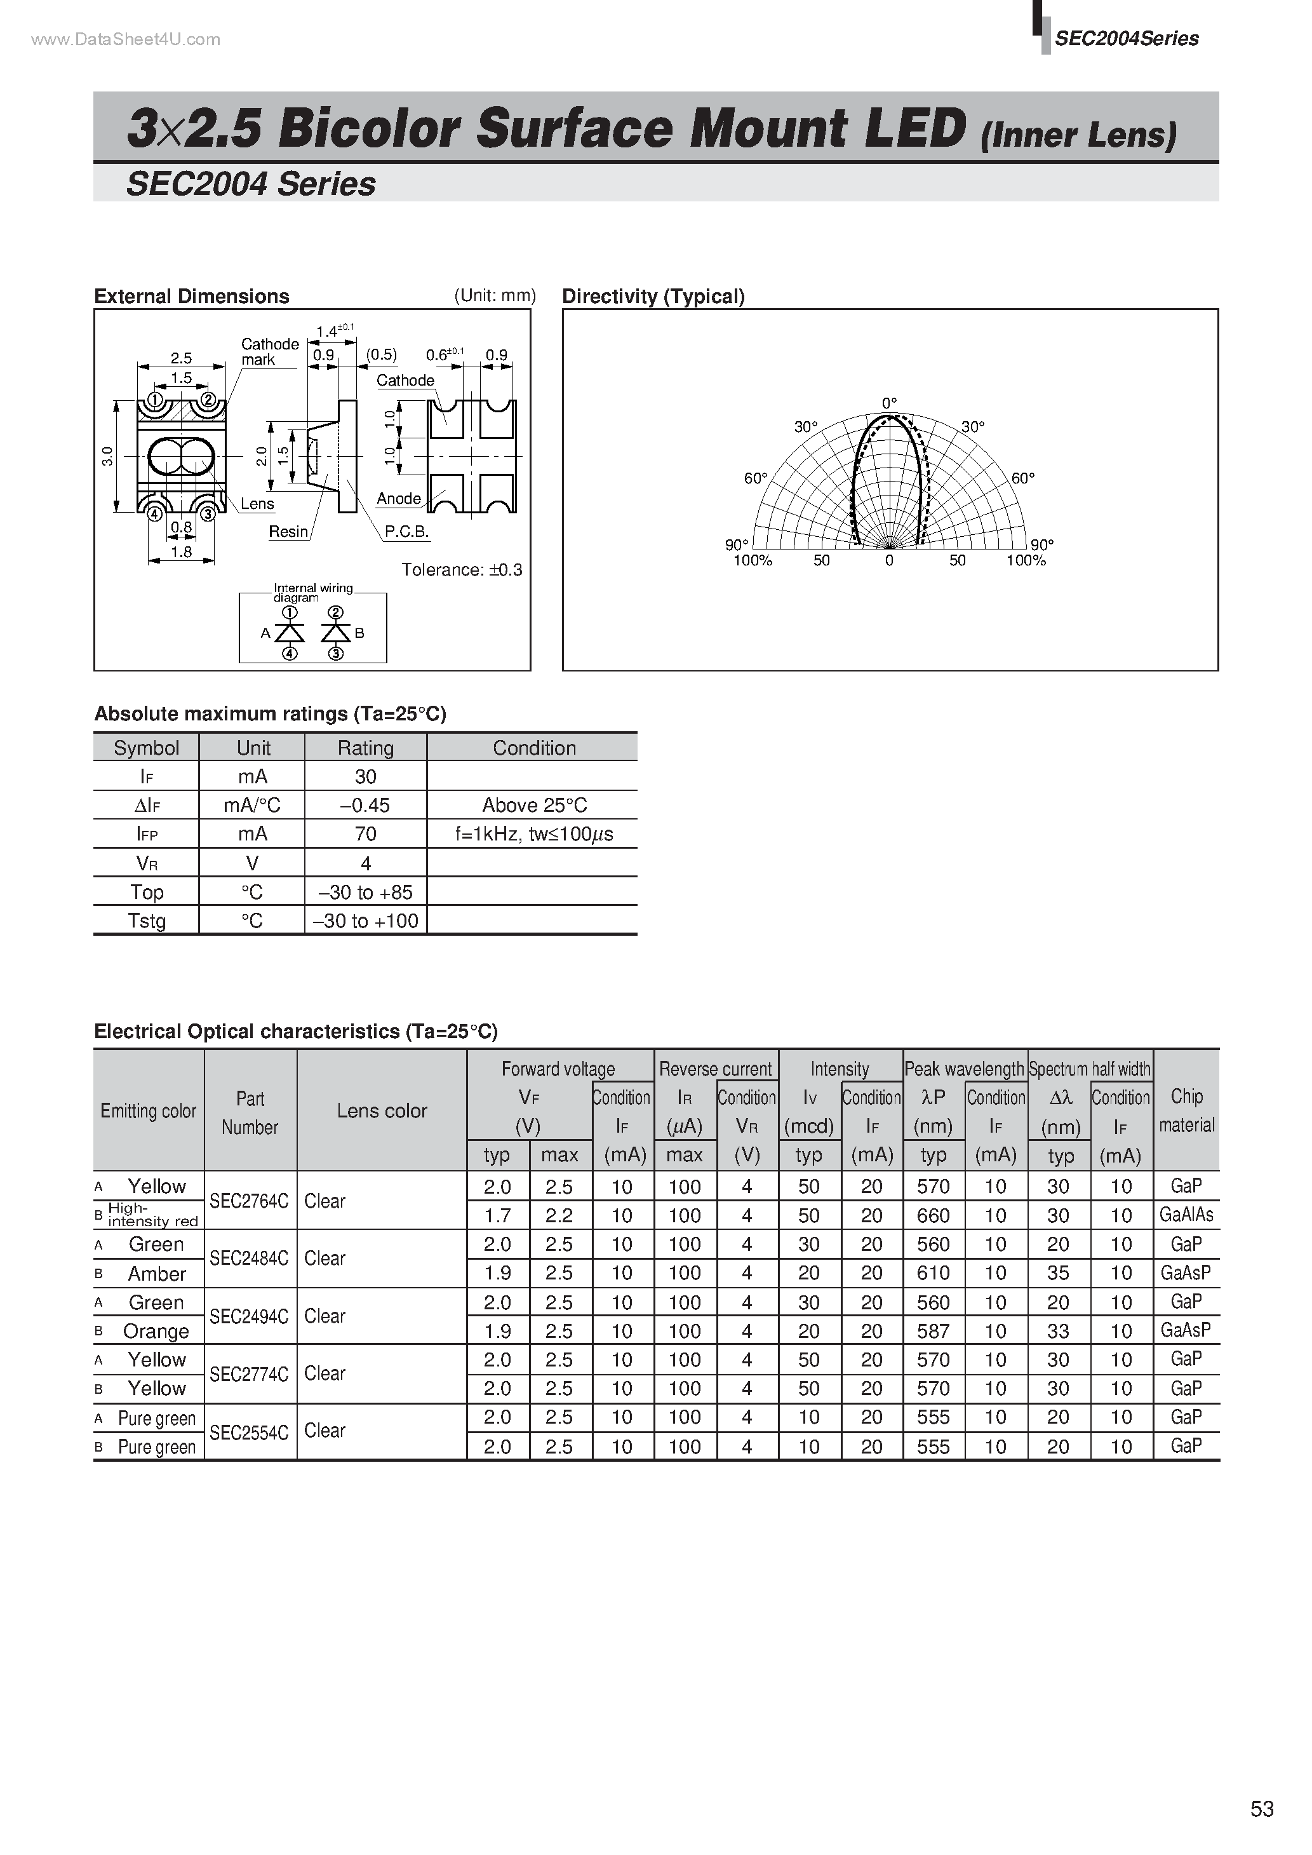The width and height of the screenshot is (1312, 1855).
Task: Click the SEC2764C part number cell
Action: [x=249, y=1201]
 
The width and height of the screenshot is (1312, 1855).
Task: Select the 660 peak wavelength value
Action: [x=933, y=1216]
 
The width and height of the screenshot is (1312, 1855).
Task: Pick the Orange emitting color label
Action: [x=156, y=1331]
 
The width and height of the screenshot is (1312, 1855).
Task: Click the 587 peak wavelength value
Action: [x=933, y=1331]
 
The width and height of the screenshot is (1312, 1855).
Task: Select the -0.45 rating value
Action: [x=365, y=806]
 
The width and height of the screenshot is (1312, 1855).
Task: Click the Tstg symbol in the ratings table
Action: [x=146, y=921]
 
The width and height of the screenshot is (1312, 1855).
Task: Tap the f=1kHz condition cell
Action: [x=534, y=833]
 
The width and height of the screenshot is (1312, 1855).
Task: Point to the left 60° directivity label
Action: [x=755, y=478]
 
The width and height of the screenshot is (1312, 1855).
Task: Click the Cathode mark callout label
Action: [x=269, y=351]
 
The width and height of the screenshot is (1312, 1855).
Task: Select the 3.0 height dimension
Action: [x=107, y=457]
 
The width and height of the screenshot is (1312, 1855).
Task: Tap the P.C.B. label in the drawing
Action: [x=406, y=532]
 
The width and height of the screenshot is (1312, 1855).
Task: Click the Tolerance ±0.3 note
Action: [x=461, y=570]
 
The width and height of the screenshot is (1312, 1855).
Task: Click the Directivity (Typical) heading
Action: [x=653, y=297]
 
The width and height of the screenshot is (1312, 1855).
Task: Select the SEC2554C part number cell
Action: [x=249, y=1433]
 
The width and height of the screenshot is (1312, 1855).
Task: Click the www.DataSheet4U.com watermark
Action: [x=125, y=39]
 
